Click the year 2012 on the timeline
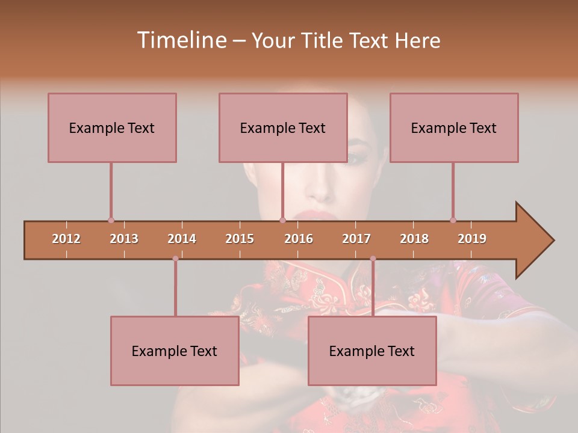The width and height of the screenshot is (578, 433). pos(66,239)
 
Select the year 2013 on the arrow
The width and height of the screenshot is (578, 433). pos(124,239)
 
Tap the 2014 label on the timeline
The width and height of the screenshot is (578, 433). pos(182,239)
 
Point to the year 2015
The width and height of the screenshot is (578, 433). pos(240,239)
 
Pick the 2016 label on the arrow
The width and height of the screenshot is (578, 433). pos(299,239)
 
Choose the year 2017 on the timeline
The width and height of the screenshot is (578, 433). pos(356,239)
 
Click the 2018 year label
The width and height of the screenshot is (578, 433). pos(414,239)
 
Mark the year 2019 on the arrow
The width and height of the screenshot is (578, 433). pos(472,239)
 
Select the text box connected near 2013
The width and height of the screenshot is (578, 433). pos(112,128)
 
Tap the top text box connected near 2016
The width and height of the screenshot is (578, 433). pos(283,128)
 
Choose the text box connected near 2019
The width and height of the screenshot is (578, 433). pos(454,128)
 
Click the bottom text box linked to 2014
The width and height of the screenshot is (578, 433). pos(175,351)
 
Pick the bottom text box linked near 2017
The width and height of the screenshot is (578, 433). pos(372,351)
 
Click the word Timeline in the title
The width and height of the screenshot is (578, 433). pos(181,40)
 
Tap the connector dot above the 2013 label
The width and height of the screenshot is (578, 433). pos(111,220)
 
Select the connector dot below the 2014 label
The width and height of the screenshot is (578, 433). pos(175,259)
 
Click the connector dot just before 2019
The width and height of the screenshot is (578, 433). pos(453,220)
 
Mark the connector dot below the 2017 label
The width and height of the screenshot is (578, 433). pos(373,259)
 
